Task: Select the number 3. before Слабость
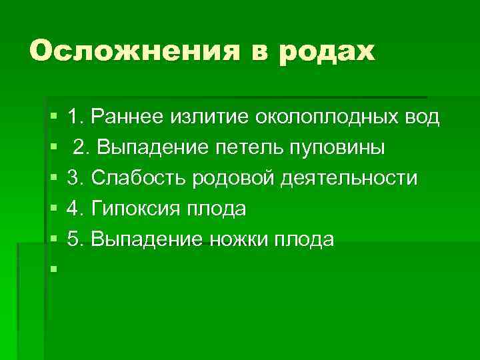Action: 76,179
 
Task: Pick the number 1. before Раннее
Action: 76,117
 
